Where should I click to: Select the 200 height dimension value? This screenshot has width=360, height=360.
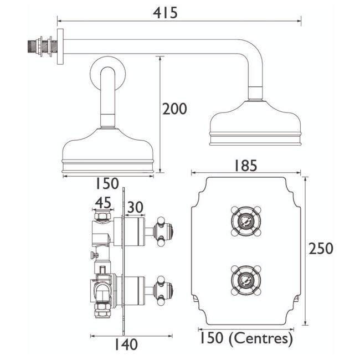click(174, 109)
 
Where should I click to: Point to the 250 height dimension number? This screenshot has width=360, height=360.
click(321, 249)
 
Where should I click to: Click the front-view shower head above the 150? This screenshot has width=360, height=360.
click(107, 152)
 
